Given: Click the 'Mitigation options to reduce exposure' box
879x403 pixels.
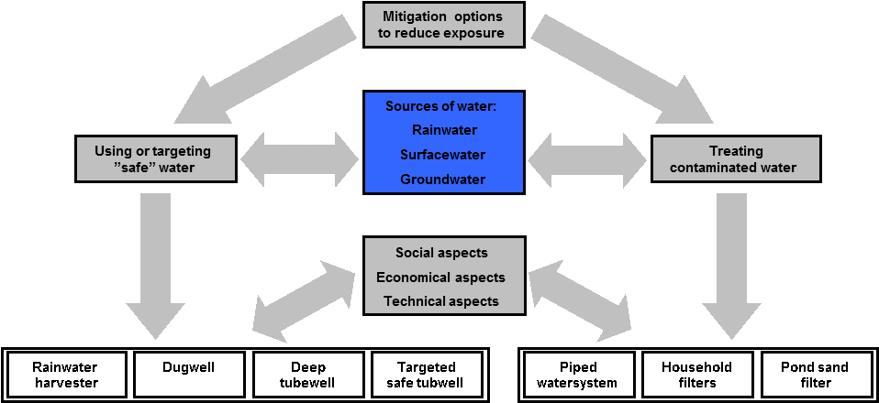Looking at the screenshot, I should coord(444,25).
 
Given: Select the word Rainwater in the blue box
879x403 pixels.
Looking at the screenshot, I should coord(444,130).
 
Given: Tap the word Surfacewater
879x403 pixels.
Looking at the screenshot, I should coord(442,155).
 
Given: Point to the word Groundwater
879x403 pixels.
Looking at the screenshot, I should coord(442,180).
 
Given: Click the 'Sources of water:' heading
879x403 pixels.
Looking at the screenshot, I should coord(440,106).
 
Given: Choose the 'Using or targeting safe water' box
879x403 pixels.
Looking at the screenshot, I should coord(155,158).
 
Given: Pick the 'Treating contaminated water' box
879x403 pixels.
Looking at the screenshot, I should coord(735,158).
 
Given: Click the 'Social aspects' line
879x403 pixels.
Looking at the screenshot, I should coord(441,253).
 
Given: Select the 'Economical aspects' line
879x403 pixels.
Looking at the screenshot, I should coord(440,277).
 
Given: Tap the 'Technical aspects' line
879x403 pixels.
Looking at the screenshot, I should coord(441,300).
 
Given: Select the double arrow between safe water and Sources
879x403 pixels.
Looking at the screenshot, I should coord(299,159).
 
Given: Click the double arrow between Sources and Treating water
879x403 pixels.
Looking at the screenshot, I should coord(587,159).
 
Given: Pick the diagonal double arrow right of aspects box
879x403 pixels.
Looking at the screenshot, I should coord(581,300).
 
